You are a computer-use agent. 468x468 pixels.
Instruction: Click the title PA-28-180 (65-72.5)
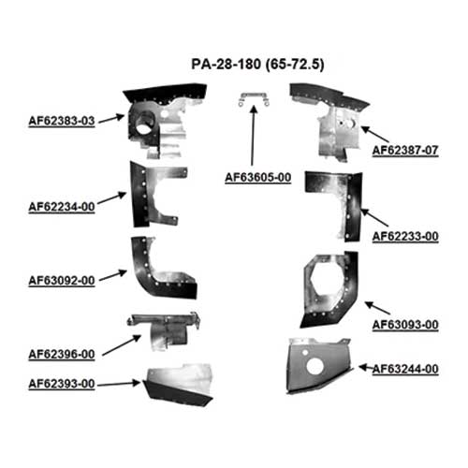coord(257,65)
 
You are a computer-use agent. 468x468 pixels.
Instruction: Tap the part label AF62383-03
coord(62,121)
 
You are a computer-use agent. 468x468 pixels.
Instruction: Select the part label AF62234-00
coord(62,207)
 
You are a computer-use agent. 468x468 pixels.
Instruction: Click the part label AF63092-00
coord(62,281)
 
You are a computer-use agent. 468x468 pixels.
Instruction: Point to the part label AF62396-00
coord(62,355)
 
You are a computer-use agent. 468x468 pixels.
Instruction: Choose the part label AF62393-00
coord(62,384)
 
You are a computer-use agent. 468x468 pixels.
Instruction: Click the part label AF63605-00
coord(258,177)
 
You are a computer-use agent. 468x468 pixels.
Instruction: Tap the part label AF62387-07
coord(405,150)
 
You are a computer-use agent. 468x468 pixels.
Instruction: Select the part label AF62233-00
coord(405,236)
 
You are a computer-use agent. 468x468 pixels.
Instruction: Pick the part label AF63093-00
coord(405,325)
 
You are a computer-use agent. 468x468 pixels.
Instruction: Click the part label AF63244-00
coord(405,369)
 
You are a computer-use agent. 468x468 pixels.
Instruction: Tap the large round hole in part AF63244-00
coord(315,366)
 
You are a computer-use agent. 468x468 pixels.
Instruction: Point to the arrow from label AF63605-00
coord(253,136)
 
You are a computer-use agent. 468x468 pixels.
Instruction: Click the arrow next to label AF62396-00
coord(122,345)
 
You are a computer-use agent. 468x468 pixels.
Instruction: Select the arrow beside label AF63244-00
coord(365,368)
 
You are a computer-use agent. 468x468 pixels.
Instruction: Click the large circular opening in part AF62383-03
coord(144,124)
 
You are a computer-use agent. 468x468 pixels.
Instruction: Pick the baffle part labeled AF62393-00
coord(178,386)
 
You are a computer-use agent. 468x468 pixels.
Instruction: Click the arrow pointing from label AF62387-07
coord(375,134)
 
